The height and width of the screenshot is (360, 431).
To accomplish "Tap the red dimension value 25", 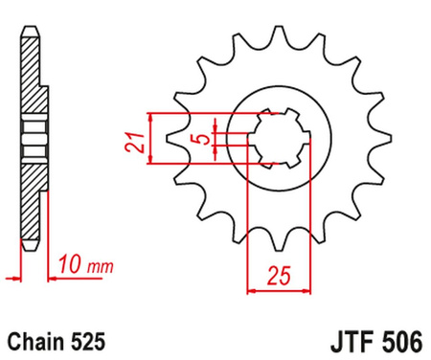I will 279,278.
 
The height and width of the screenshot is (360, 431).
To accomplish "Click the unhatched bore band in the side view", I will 34,141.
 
